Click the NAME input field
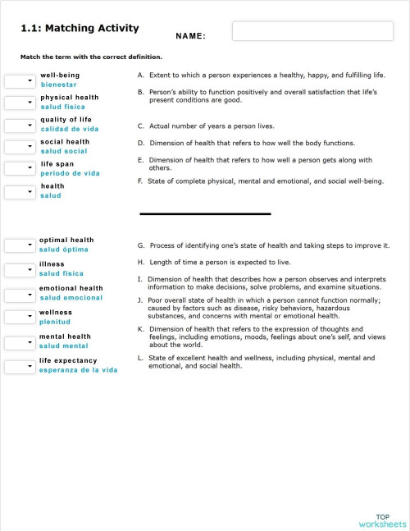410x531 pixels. (300, 32)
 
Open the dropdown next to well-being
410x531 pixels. (18, 81)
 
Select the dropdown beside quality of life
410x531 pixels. (18, 126)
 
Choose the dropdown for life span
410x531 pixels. (18, 170)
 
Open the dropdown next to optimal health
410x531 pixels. (18, 245)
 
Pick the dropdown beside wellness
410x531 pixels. (18, 318)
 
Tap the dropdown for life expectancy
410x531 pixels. (18, 366)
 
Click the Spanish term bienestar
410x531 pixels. (59, 85)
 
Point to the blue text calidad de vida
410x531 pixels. (70, 129)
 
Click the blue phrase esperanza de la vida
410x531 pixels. (78, 370)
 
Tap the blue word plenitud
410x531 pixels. (55, 322)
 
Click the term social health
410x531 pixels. (65, 142)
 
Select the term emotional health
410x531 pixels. (71, 288)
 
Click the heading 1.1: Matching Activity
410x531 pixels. (80, 29)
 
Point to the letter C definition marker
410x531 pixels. (141, 126)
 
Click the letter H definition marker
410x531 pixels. (141, 263)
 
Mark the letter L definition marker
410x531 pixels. (141, 358)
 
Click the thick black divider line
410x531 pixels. (205, 214)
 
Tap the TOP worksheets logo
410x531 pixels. (382, 519)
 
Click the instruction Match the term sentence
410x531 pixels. (91, 57)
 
